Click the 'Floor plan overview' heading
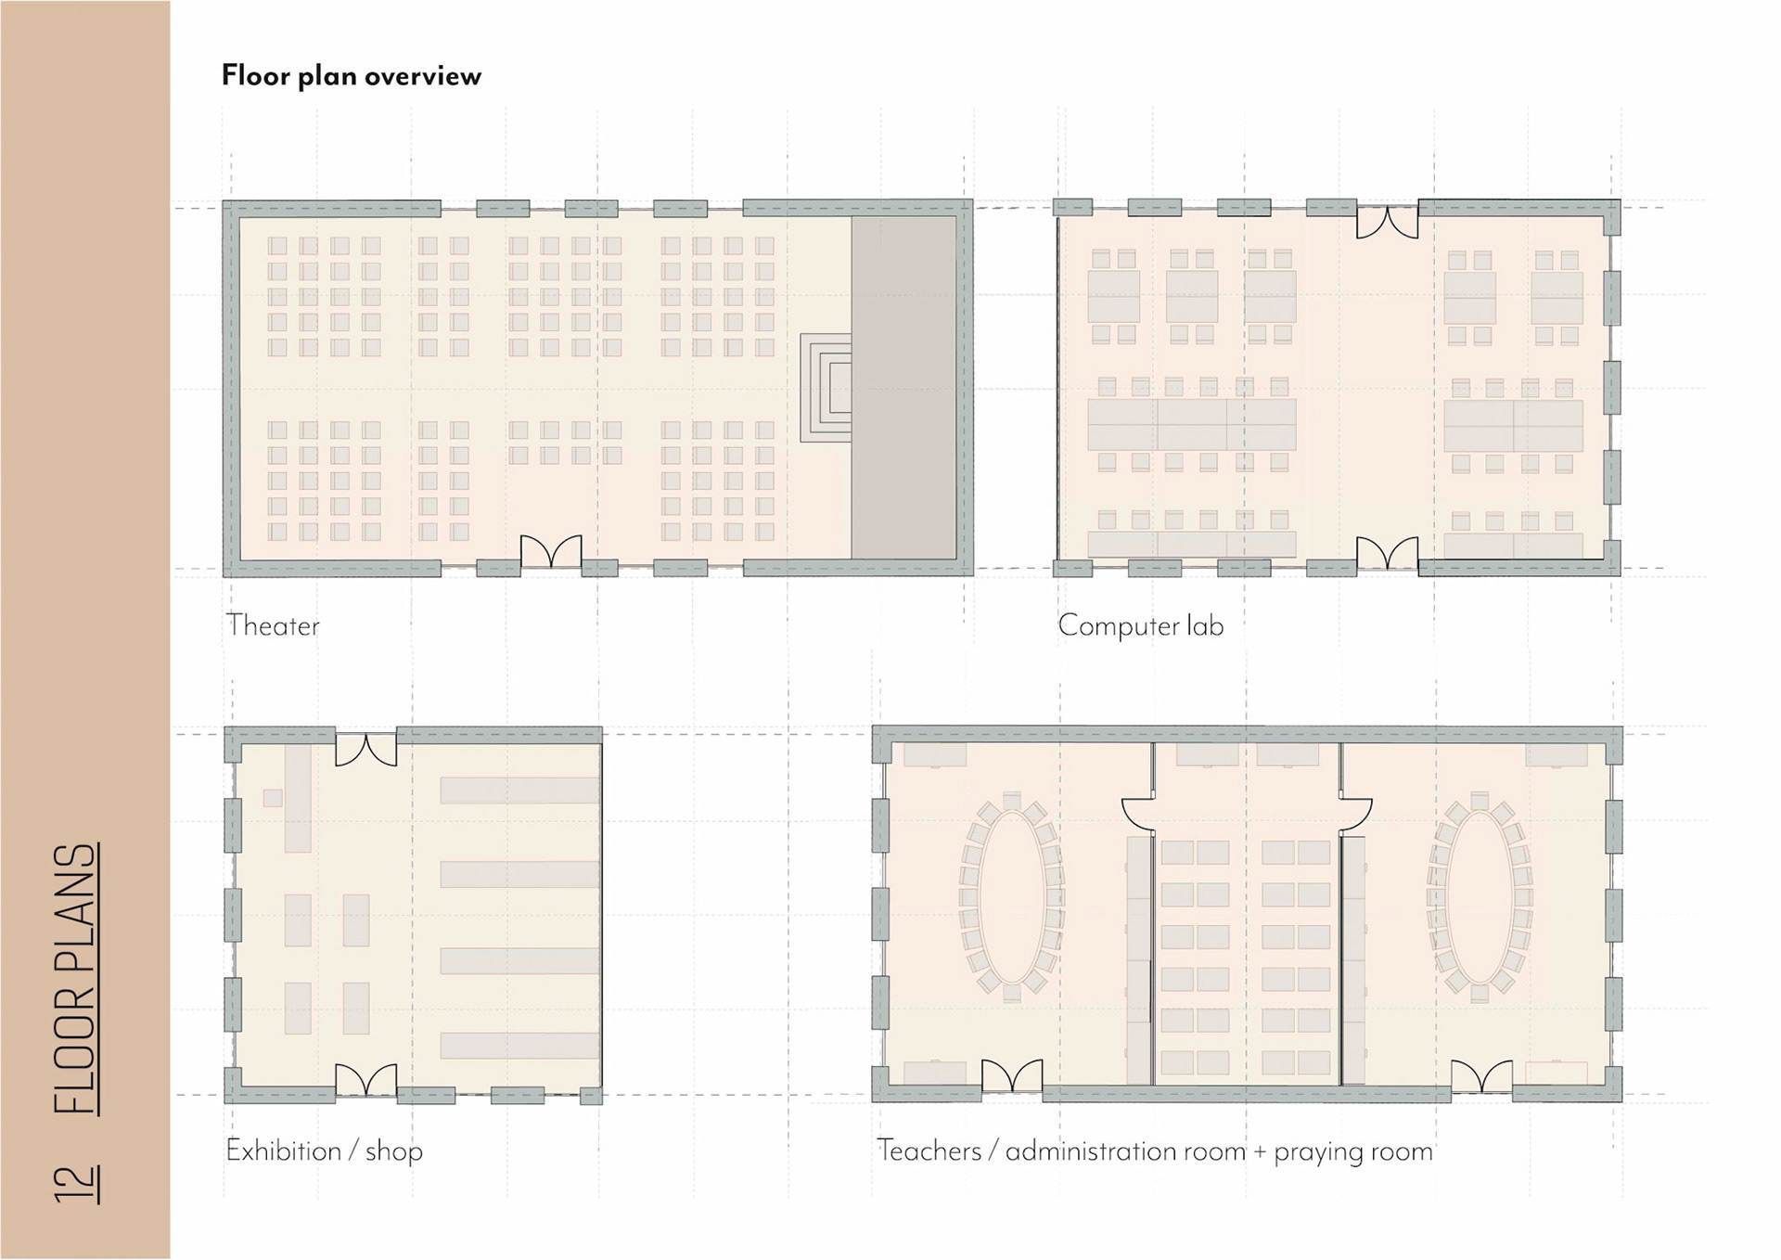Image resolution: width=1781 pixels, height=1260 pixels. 351,75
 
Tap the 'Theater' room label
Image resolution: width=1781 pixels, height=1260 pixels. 273,625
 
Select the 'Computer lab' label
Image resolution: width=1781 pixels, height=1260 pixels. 1140,625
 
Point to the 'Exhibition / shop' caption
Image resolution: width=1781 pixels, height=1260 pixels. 324,1151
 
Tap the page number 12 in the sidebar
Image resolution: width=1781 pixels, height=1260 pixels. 76,1183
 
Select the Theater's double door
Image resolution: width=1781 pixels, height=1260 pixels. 551,551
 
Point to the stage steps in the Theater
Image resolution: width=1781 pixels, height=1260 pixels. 826,388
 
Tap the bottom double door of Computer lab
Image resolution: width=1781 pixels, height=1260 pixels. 1387,553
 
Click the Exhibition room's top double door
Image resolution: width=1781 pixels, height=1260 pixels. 365,750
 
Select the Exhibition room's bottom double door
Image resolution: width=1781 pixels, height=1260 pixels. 365,1079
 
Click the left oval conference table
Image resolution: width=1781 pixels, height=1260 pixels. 1011,897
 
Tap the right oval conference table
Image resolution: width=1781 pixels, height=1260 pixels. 1480,897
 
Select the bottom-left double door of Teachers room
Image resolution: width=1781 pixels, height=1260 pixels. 1011,1076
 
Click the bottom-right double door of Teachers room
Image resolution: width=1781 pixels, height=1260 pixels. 1481,1076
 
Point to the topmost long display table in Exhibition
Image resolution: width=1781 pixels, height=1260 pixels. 519,790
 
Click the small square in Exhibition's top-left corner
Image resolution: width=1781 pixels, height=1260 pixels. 273,798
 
